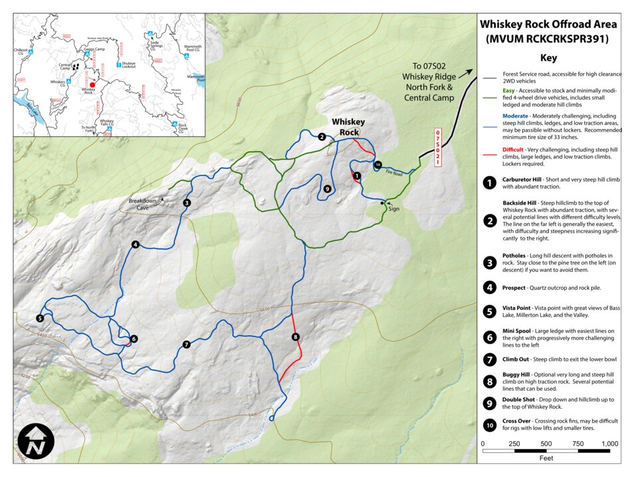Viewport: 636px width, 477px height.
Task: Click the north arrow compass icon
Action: pyautogui.click(x=37, y=441)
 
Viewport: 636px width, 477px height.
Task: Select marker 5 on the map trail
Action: pyautogui.click(x=40, y=318)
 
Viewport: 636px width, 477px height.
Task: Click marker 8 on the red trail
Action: pyautogui.click(x=296, y=337)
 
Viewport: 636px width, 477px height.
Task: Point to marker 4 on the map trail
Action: pyautogui.click(x=135, y=244)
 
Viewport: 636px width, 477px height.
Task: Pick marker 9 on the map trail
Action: pyautogui.click(x=327, y=189)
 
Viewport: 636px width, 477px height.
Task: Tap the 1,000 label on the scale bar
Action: pyautogui.click(x=609, y=443)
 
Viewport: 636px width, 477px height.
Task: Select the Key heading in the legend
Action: pyautogui.click(x=548, y=58)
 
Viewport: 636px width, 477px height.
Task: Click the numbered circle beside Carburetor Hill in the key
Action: pyautogui.click(x=490, y=182)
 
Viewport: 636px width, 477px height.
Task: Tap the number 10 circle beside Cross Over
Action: pyautogui.click(x=490, y=425)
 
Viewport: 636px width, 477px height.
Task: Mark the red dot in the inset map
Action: pyautogui.click(x=92, y=84)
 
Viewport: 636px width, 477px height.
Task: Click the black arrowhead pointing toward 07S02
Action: pyautogui.click(x=470, y=72)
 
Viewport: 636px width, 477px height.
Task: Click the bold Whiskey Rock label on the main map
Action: pyautogui.click(x=348, y=126)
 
